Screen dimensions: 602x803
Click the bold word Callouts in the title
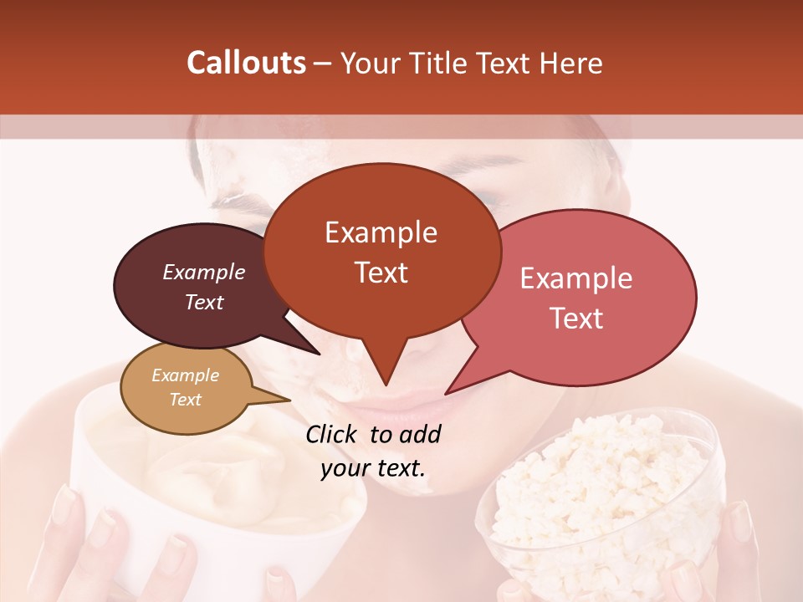pos(246,63)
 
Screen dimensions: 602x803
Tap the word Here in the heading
pos(572,63)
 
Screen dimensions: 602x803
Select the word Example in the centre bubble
pos(381,232)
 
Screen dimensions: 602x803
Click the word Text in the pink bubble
pos(577,319)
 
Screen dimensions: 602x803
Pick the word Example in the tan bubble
pos(185,375)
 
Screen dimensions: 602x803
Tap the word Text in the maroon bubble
pos(204,303)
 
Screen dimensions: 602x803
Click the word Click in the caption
pos(332,434)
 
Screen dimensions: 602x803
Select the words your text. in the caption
pos(373,468)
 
